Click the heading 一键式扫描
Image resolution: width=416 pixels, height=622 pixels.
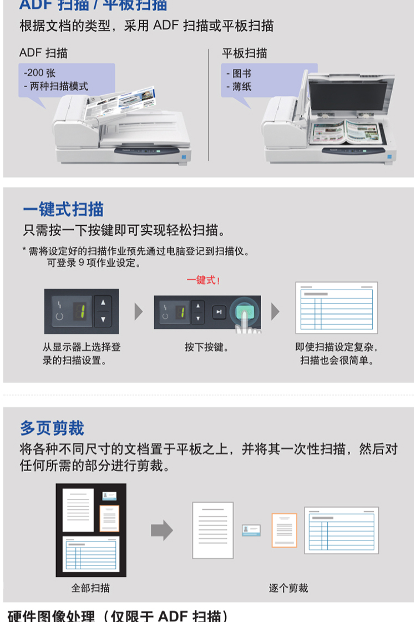point(63,209)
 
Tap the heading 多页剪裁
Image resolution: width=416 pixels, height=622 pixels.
point(52,428)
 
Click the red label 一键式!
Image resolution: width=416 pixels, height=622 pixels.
point(204,280)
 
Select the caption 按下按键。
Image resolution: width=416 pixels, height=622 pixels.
point(207,347)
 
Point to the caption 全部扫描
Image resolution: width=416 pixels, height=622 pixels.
point(90,588)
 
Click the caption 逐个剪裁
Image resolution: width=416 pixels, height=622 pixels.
point(288,588)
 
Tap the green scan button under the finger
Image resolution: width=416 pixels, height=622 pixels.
point(245,312)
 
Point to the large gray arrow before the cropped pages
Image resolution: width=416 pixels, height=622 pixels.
point(162,530)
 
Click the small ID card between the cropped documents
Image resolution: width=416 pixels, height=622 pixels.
point(251,530)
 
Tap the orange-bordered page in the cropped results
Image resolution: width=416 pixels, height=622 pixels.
point(284,530)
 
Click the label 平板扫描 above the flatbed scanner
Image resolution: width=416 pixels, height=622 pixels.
point(245,53)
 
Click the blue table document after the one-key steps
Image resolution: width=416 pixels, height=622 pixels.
point(336,307)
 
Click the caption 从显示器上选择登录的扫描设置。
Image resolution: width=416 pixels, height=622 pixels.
point(82,353)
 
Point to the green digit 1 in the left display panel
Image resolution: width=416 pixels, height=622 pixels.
point(81,312)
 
